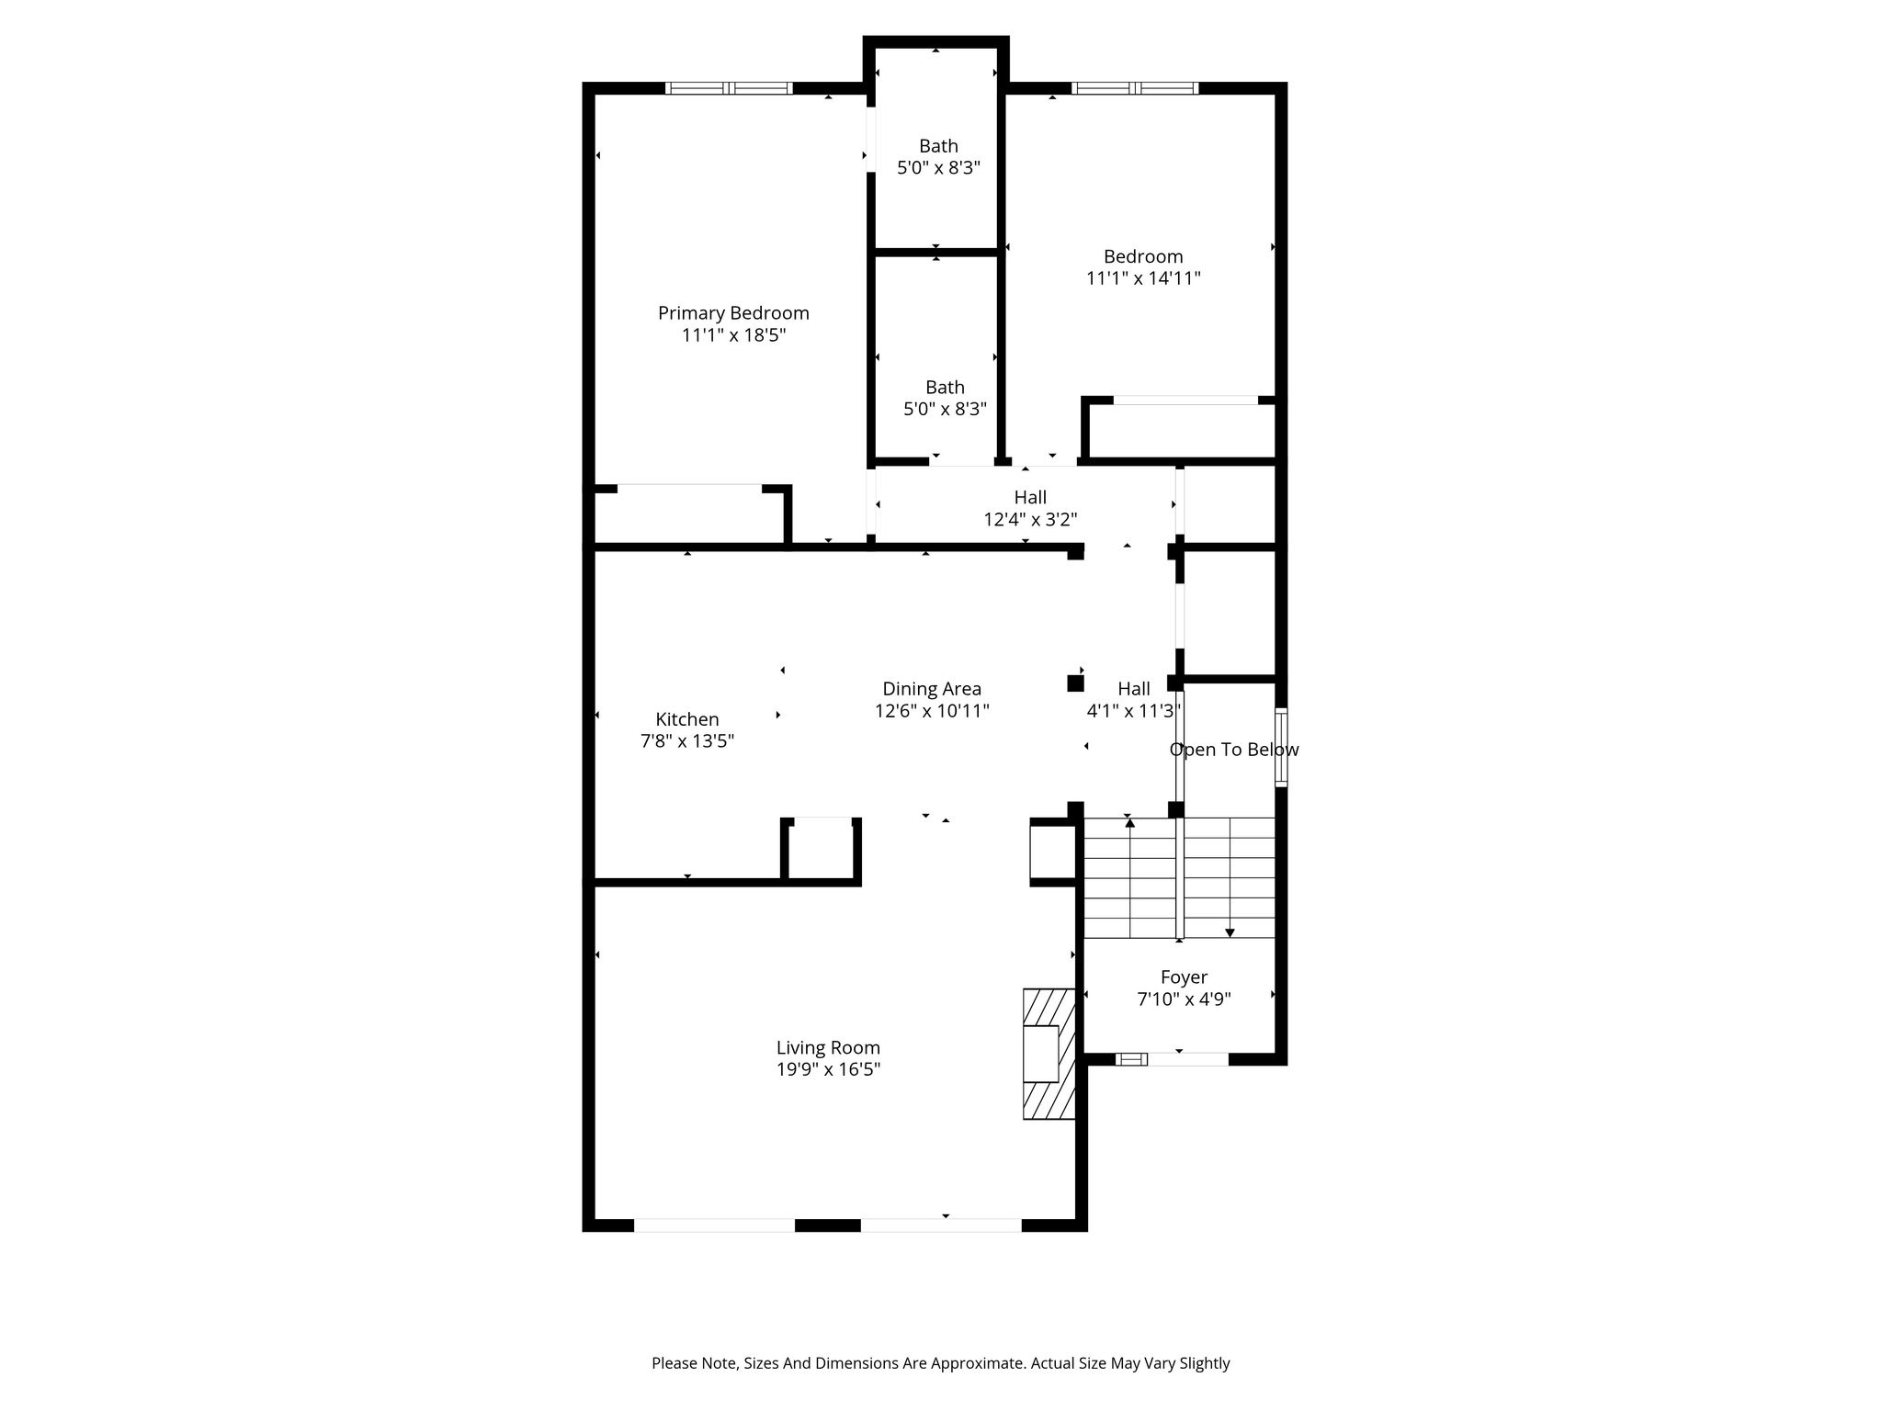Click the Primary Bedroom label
tap(733, 313)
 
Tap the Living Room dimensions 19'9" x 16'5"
tap(828, 1069)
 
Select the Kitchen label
tap(687, 719)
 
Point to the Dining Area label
tap(932, 689)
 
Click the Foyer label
tap(1184, 977)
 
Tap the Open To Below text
tap(1234, 750)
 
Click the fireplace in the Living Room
tap(1049, 1054)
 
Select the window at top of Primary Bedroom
tap(729, 88)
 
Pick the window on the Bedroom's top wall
tap(1135, 88)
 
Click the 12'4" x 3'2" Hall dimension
tap(1030, 520)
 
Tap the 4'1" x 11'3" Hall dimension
tap(1134, 711)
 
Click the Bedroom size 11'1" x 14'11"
tap(1143, 278)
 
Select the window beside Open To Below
tap(1281, 747)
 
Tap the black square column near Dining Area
tap(1075, 683)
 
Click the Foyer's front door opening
tap(1187, 1059)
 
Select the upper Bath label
tap(938, 146)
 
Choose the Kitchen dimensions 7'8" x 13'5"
tap(687, 741)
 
